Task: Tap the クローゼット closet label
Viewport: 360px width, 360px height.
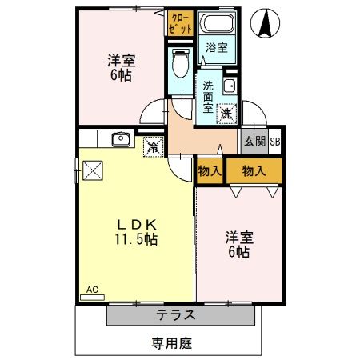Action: point(181,22)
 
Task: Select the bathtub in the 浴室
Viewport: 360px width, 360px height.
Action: point(216,25)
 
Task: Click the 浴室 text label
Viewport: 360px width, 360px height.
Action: point(216,47)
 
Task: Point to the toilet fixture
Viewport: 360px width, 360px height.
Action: point(180,60)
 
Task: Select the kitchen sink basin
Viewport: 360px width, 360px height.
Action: point(122,140)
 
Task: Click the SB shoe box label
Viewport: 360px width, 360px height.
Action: point(274,142)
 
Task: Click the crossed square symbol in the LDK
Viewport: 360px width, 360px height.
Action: point(92,171)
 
